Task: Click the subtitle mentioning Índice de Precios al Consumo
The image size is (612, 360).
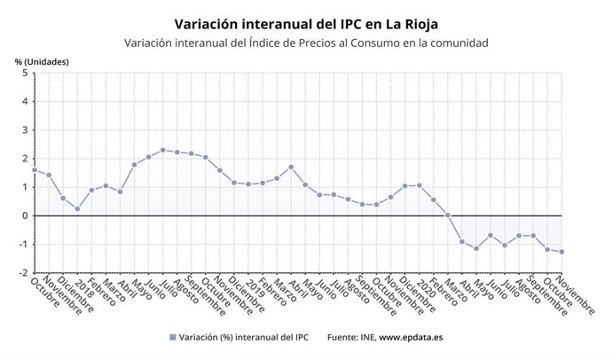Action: (x=306, y=43)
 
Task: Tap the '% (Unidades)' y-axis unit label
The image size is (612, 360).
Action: (x=42, y=61)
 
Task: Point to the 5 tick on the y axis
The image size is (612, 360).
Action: (x=24, y=74)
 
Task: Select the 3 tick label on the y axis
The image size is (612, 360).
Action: (x=24, y=130)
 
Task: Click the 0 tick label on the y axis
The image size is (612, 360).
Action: (x=24, y=215)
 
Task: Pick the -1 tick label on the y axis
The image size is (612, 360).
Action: (x=22, y=244)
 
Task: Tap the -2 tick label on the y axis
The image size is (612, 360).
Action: (x=22, y=272)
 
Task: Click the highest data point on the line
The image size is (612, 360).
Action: (x=162, y=150)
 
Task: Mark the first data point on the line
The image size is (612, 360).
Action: (x=35, y=169)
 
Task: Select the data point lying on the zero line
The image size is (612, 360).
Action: (x=448, y=215)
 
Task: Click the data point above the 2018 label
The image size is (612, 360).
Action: (x=77, y=209)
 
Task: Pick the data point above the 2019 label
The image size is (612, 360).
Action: (x=248, y=184)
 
